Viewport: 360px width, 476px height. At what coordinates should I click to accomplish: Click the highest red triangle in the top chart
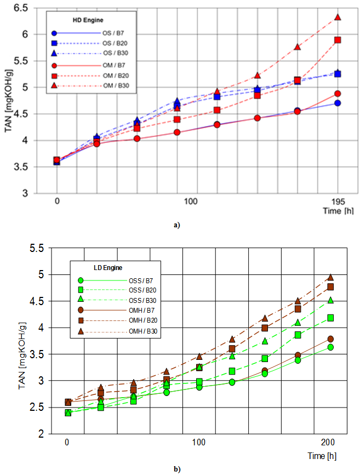click(x=338, y=18)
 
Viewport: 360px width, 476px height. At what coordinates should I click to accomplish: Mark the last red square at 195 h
click(x=338, y=40)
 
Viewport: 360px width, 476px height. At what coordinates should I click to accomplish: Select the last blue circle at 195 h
click(x=338, y=103)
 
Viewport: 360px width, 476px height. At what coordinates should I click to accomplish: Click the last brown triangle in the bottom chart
click(x=331, y=277)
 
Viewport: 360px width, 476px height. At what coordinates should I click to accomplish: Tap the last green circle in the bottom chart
click(x=331, y=347)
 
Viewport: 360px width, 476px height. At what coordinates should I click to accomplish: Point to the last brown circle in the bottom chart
click(x=331, y=339)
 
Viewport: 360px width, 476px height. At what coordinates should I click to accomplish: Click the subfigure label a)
click(x=176, y=225)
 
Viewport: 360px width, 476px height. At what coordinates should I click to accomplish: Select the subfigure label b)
click(x=176, y=469)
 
